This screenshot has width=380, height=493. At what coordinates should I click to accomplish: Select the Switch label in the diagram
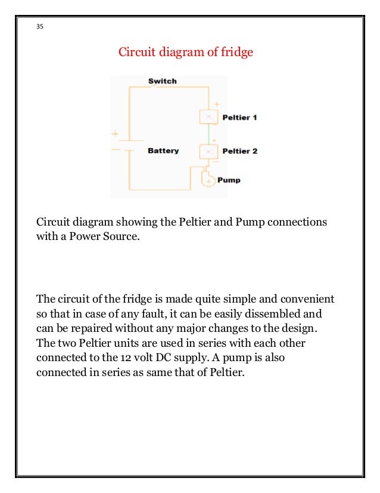pyautogui.click(x=162, y=81)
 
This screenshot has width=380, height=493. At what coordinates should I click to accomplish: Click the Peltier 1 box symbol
pyautogui.click(x=207, y=117)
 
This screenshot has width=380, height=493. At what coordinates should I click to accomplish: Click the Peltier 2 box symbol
pyautogui.click(x=208, y=151)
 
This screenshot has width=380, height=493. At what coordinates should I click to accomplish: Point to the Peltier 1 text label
pyautogui.click(x=239, y=118)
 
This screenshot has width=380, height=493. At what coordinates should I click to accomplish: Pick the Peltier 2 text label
pyautogui.click(x=239, y=151)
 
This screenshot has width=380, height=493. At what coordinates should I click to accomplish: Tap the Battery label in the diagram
pyautogui.click(x=163, y=151)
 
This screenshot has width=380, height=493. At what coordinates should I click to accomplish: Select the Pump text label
pyautogui.click(x=229, y=180)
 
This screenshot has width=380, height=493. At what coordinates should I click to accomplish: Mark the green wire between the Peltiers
pyautogui.click(x=208, y=134)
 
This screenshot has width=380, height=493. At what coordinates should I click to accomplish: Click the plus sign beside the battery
pyautogui.click(x=116, y=134)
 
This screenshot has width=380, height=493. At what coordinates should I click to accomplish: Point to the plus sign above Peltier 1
pyautogui.click(x=216, y=104)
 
